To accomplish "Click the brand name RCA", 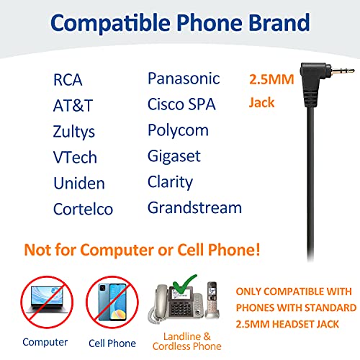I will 68,80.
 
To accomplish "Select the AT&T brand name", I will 73,105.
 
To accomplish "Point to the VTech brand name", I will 75,157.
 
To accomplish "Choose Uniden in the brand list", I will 79,183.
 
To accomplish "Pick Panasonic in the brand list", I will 184,78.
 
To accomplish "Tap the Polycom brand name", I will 178,130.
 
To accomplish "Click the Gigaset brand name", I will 174,156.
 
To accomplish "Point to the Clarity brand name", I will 171,182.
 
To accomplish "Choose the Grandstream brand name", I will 194,208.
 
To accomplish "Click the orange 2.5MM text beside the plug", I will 271,80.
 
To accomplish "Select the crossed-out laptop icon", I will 45,303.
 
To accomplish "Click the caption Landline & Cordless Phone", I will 186,341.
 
